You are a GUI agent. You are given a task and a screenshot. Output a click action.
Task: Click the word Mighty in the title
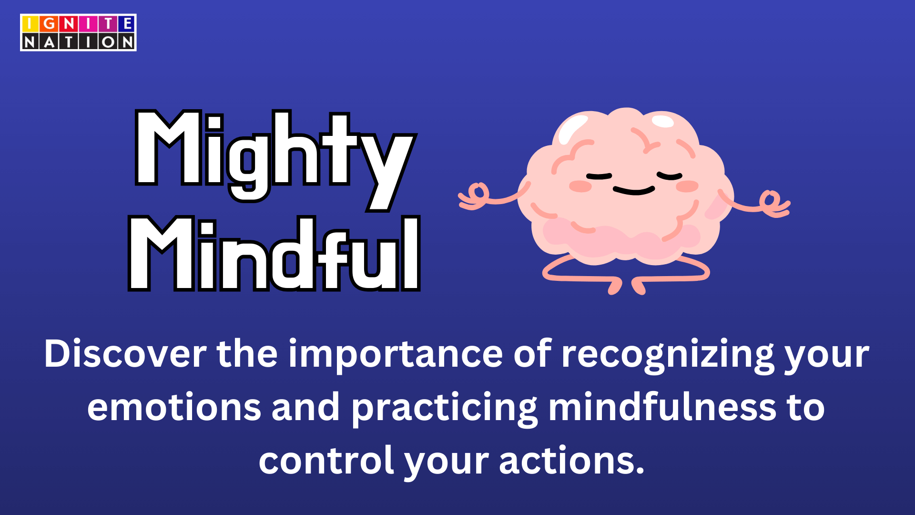275,160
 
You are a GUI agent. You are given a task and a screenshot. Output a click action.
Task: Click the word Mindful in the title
274,253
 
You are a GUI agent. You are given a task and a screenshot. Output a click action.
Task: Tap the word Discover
125,354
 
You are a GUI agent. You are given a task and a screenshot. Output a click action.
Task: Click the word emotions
174,408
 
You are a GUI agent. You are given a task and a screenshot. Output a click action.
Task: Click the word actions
571,461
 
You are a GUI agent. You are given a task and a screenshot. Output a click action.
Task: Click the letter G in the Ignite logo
49,24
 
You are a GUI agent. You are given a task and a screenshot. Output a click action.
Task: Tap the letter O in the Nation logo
108,42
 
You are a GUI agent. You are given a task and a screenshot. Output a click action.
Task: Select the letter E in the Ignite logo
127,24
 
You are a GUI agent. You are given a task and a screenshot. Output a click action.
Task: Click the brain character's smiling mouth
634,190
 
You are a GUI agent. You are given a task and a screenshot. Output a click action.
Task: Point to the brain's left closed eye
599,176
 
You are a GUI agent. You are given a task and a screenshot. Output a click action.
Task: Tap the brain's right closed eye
670,176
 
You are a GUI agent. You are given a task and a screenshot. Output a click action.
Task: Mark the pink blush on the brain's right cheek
687,186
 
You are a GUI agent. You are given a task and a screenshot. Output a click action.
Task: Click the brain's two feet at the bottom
627,286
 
